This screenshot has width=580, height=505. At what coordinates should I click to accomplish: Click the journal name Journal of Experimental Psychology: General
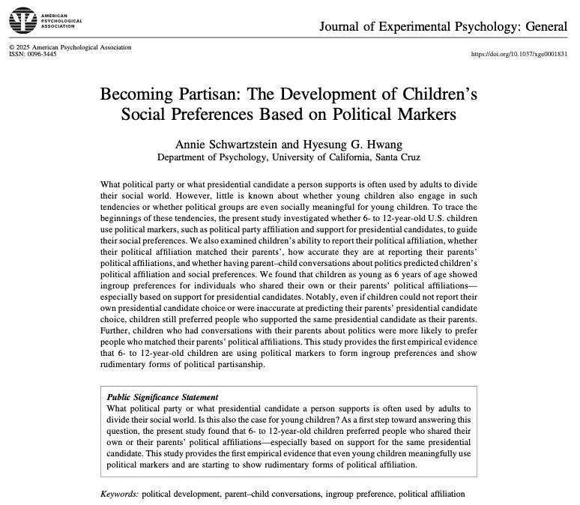pyautogui.click(x=444, y=28)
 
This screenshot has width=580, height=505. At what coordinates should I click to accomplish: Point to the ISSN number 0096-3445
pyautogui.click(x=41, y=54)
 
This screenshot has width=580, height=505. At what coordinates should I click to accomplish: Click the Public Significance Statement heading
pyautogui.click(x=163, y=396)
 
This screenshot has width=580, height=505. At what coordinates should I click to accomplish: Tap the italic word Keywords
pyautogui.click(x=119, y=494)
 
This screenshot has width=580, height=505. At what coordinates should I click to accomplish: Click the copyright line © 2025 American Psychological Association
pyautogui.click(x=70, y=47)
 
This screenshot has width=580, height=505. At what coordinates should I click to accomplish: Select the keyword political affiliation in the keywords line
pyautogui.click(x=432, y=494)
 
